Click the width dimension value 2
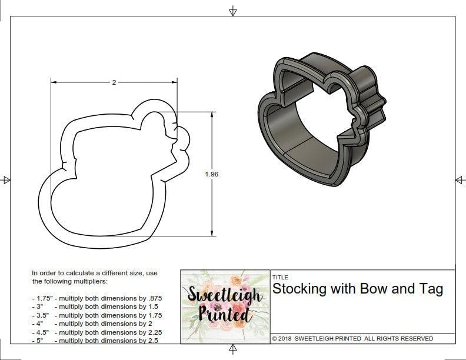[114, 82]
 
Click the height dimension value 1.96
[212, 174]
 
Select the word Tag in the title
[431, 289]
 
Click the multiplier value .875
[152, 298]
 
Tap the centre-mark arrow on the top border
[233, 11]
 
